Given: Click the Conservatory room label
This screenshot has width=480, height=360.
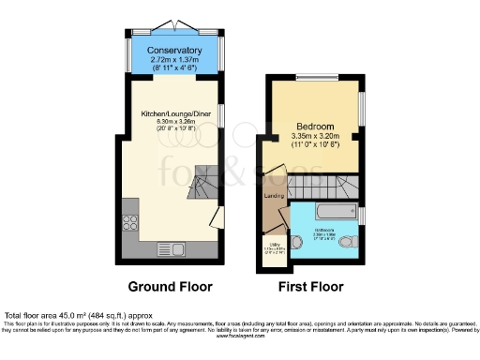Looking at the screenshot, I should tap(175, 50).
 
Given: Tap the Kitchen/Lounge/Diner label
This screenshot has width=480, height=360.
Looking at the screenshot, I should tap(175, 112).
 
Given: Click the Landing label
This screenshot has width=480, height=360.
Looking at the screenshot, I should tap(274, 196).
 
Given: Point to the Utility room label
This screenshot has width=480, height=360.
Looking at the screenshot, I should tap(273, 247).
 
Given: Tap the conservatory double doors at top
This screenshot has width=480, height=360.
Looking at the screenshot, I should tap(175, 23).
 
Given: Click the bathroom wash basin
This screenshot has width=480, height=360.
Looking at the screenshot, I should tap(297, 242).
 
